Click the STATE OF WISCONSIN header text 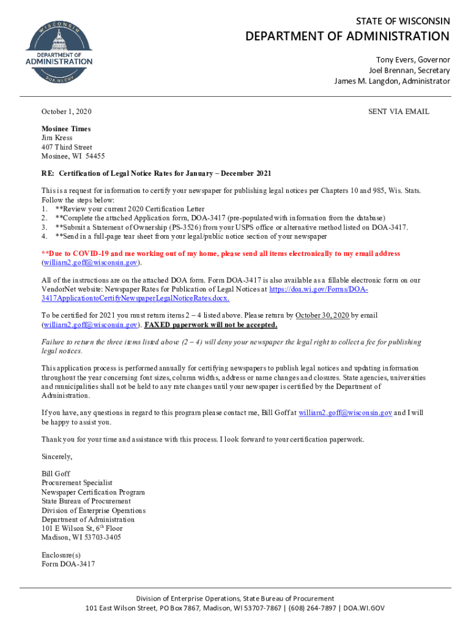pyautogui.click(x=403, y=21)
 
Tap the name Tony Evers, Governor pyautogui.click(x=412, y=60)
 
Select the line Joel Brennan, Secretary pyautogui.click(x=409, y=70)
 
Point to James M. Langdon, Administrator pyautogui.click(x=391, y=81)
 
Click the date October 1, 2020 pyautogui.click(x=66, y=111)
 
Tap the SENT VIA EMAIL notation pyautogui.click(x=398, y=111)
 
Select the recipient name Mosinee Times pyautogui.click(x=65, y=129)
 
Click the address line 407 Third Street pyautogui.click(x=67, y=147)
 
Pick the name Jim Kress pyautogui.click(x=56, y=138)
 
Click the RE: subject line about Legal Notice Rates pyautogui.click(x=156, y=173)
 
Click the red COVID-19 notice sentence pyautogui.click(x=220, y=253)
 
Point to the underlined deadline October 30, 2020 pyautogui.click(x=322, y=315)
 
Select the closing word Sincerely pyautogui.click(x=57, y=457)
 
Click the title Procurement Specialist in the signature pyautogui.click(x=77, y=483)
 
